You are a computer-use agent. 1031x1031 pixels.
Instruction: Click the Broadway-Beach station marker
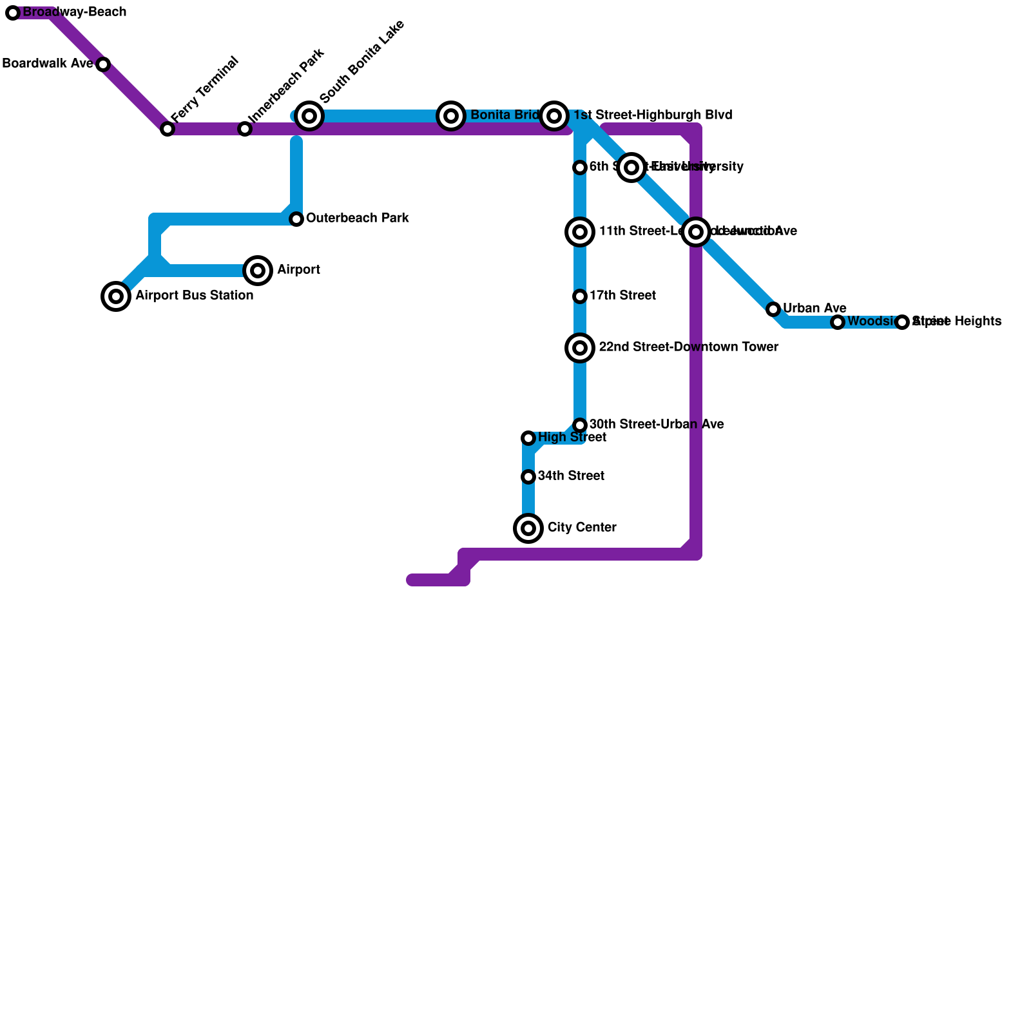13,13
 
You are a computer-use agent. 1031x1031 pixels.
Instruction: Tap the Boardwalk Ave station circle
103,64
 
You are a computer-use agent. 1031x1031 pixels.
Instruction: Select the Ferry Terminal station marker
168,129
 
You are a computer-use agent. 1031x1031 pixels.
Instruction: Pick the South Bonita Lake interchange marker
309,116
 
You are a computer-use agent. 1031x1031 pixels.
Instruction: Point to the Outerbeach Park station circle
296,219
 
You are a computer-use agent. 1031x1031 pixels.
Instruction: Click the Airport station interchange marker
258,271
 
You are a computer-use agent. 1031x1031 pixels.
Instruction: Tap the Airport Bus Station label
194,296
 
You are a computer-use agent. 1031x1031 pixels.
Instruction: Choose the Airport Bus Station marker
116,296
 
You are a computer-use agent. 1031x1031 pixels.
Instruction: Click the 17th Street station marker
580,296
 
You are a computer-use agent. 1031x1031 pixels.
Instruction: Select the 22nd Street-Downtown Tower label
688,347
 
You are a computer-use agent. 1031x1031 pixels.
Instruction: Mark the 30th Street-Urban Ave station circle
580,425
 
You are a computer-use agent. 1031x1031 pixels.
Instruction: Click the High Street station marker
528,438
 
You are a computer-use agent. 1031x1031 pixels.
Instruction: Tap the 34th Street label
571,476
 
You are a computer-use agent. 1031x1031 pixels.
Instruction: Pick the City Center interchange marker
528,528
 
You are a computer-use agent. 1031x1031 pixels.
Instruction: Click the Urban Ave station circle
773,309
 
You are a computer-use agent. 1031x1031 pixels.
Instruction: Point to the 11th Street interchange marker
580,232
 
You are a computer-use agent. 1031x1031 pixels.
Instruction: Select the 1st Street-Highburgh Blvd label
652,115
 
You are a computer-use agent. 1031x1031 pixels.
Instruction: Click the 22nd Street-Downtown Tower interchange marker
580,348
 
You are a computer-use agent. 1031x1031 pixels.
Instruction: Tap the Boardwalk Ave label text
48,64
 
